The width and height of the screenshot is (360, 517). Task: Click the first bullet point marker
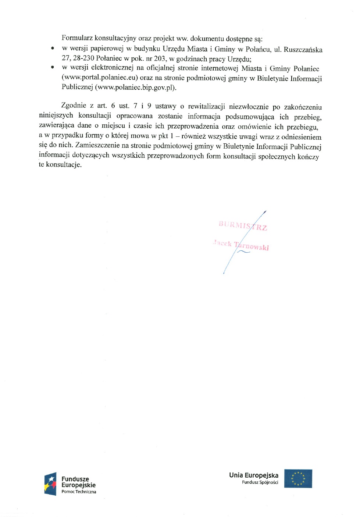click(x=53, y=48)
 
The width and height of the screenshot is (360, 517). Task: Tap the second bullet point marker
click(x=53, y=67)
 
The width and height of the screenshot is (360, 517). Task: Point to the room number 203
click(x=160, y=58)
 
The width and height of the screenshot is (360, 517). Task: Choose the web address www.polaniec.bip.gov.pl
click(x=136, y=88)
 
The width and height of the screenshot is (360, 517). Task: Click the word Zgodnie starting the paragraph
click(x=74, y=106)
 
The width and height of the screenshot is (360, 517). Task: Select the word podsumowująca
click(x=250, y=117)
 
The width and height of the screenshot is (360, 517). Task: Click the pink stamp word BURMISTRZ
click(x=243, y=225)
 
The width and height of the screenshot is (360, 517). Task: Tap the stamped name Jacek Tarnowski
click(x=241, y=245)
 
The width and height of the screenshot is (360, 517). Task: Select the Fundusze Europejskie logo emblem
click(x=50, y=484)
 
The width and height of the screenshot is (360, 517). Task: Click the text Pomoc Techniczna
click(x=79, y=492)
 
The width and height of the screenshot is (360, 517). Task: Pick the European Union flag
click(x=298, y=478)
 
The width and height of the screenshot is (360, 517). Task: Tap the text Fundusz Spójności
click(x=260, y=482)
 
